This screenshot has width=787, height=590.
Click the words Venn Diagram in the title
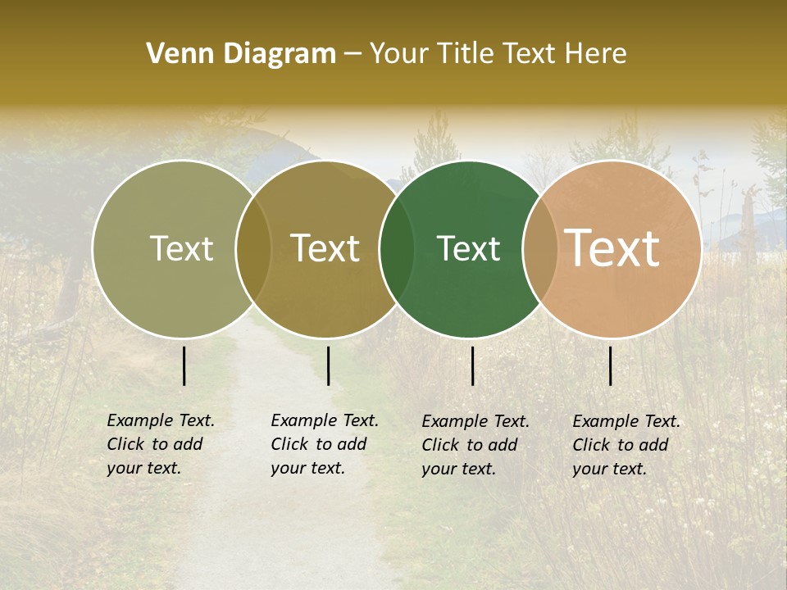(x=241, y=54)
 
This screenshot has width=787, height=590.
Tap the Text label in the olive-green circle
(x=181, y=248)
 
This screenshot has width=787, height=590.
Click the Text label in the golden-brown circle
(x=325, y=248)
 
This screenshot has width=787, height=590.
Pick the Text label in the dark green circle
(x=468, y=248)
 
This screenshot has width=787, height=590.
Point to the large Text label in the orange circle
(x=612, y=248)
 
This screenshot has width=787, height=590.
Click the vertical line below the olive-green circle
(x=184, y=365)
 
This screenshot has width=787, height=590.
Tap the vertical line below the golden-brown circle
(x=328, y=365)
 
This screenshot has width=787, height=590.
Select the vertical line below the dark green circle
(x=473, y=365)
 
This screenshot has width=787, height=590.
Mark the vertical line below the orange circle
(x=610, y=365)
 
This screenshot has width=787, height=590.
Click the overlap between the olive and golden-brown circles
(x=253, y=248)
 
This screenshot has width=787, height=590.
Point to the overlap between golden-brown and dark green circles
(x=397, y=248)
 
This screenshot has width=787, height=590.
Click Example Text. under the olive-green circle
(x=161, y=420)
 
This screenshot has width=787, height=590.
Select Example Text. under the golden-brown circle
(x=325, y=420)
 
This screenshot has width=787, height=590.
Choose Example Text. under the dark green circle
(x=475, y=421)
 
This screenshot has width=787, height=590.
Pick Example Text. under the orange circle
(x=626, y=421)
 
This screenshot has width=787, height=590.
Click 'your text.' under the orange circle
(x=609, y=469)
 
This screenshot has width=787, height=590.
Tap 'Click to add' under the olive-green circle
(x=154, y=444)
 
